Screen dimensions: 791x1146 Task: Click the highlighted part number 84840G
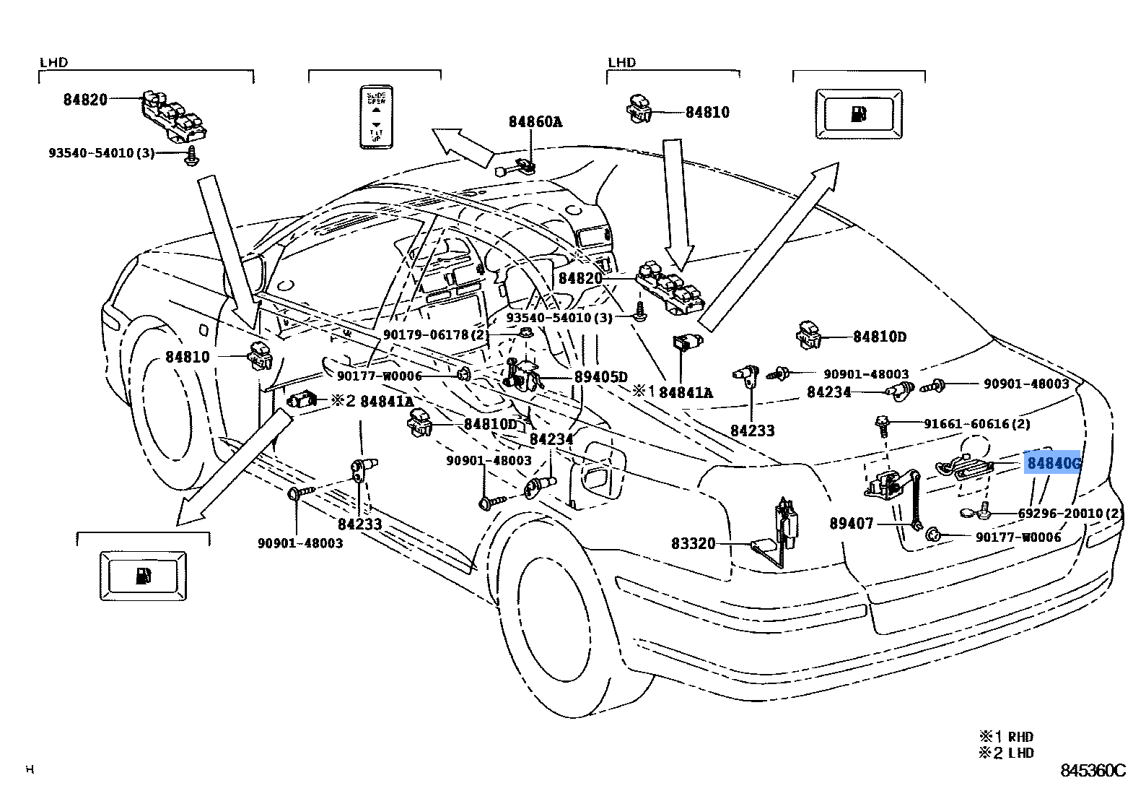click(x=1052, y=463)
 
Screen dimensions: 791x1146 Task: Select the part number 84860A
click(x=535, y=122)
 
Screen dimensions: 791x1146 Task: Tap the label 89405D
click(x=600, y=377)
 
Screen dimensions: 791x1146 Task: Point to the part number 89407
click(x=851, y=523)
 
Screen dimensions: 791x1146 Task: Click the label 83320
click(x=693, y=543)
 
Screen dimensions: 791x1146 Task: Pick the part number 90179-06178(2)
click(x=435, y=334)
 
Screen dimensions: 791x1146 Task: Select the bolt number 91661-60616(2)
click(x=976, y=424)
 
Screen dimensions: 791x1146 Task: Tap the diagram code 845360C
click(x=1093, y=771)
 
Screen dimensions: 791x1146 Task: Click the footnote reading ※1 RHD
click(x=1006, y=737)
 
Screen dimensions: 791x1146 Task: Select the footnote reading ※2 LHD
click(x=1006, y=753)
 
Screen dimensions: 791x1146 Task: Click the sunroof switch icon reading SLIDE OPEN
click(x=376, y=116)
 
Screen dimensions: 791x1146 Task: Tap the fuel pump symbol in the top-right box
click(x=859, y=113)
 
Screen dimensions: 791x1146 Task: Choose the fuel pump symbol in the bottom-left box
click(x=143, y=576)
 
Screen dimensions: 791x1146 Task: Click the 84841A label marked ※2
click(x=372, y=402)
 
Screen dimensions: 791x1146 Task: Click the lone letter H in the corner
click(x=30, y=769)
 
